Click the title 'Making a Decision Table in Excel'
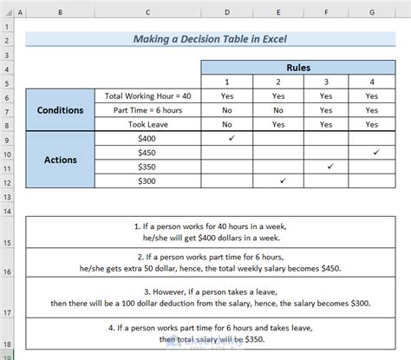tap(204, 40)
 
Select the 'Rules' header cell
tap(288, 68)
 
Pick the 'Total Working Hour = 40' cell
tap(148, 96)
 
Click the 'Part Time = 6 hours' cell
tap(148, 110)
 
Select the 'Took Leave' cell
tap(148, 124)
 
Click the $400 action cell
tap(148, 138)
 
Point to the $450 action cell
tap(148, 152)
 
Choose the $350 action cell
tap(148, 166)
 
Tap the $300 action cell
tap(148, 180)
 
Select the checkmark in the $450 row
tap(375, 152)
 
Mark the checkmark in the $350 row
tap(329, 166)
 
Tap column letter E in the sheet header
tap(277, 12)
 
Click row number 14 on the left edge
tap(7, 210)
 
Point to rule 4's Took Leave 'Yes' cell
tap(372, 124)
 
